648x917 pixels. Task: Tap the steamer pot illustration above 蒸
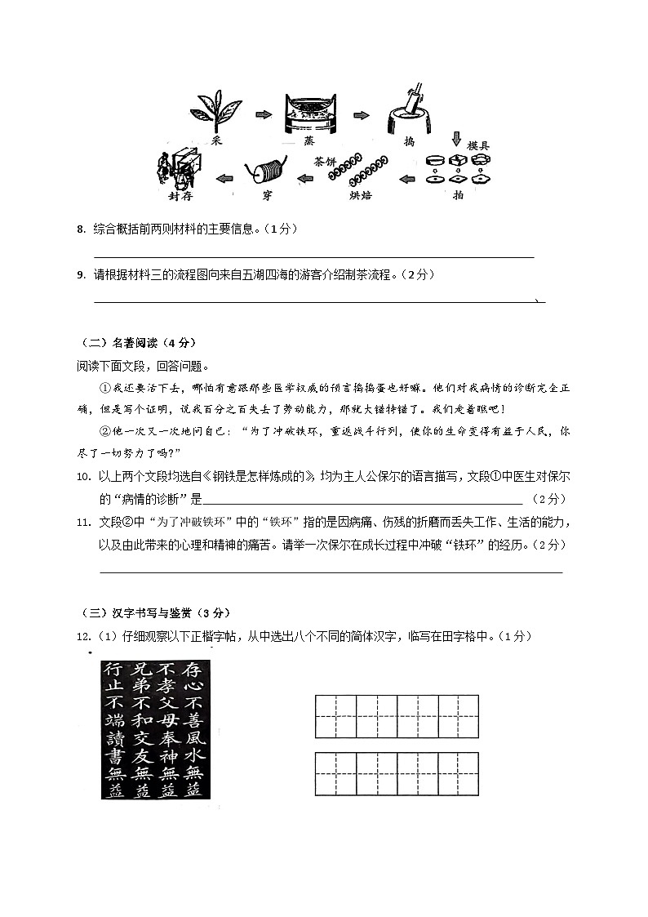(312, 115)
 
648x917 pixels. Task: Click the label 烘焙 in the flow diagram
(360, 195)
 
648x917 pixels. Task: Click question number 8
(81, 229)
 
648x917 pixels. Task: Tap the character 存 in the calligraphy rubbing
(193, 670)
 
